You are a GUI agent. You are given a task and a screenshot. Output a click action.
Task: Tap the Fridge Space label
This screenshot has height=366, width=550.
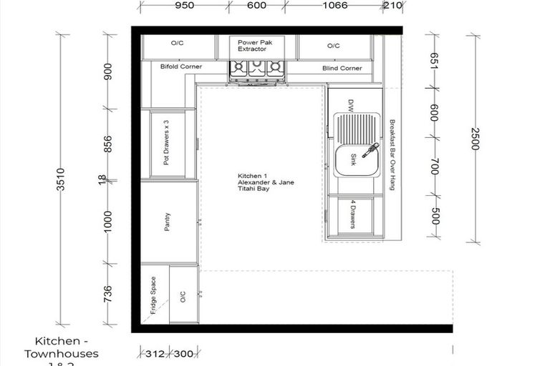tap(153, 296)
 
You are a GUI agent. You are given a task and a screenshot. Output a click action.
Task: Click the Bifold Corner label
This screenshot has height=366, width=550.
tap(180, 67)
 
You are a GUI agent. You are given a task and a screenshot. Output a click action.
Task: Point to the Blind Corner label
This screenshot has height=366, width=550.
tap(342, 69)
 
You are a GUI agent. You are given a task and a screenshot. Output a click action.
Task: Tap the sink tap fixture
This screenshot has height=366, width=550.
tap(370, 151)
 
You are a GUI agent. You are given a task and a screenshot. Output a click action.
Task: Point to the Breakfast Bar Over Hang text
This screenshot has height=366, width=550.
tap(392, 154)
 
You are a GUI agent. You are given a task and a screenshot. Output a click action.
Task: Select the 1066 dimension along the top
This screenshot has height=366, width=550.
tap(334, 6)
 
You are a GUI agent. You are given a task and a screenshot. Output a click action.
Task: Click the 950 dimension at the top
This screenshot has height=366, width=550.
tap(185, 6)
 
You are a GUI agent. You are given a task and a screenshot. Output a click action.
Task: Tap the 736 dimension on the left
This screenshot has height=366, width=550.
tap(108, 294)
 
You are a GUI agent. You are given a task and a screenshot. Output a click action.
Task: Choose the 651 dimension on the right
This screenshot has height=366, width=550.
tap(434, 62)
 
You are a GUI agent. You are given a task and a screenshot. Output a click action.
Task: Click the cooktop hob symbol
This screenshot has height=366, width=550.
tap(256, 69)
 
